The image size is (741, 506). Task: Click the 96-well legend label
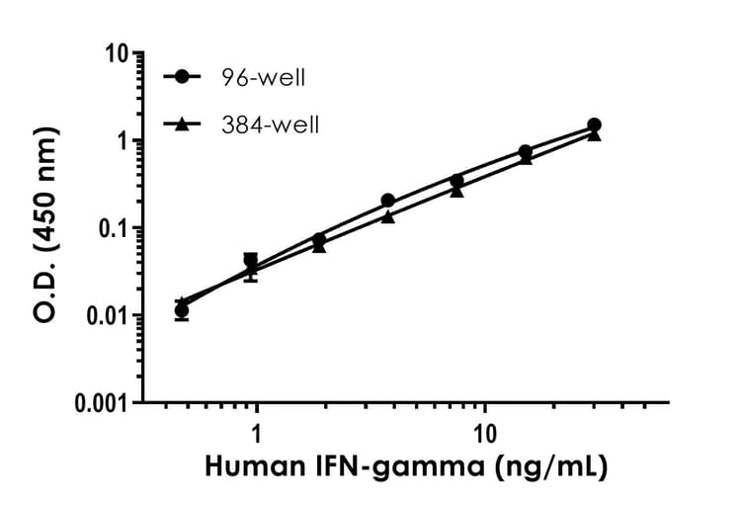(259, 76)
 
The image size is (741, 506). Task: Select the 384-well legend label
(264, 125)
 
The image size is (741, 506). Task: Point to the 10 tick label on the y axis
(119, 52)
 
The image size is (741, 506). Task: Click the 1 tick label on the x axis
(257, 432)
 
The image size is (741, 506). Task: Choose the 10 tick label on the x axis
(484, 432)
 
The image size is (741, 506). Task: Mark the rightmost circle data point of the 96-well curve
(594, 126)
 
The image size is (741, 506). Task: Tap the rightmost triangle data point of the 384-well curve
(594, 134)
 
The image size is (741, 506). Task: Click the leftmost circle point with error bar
(182, 311)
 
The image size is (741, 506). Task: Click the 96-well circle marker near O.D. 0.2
(388, 201)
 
